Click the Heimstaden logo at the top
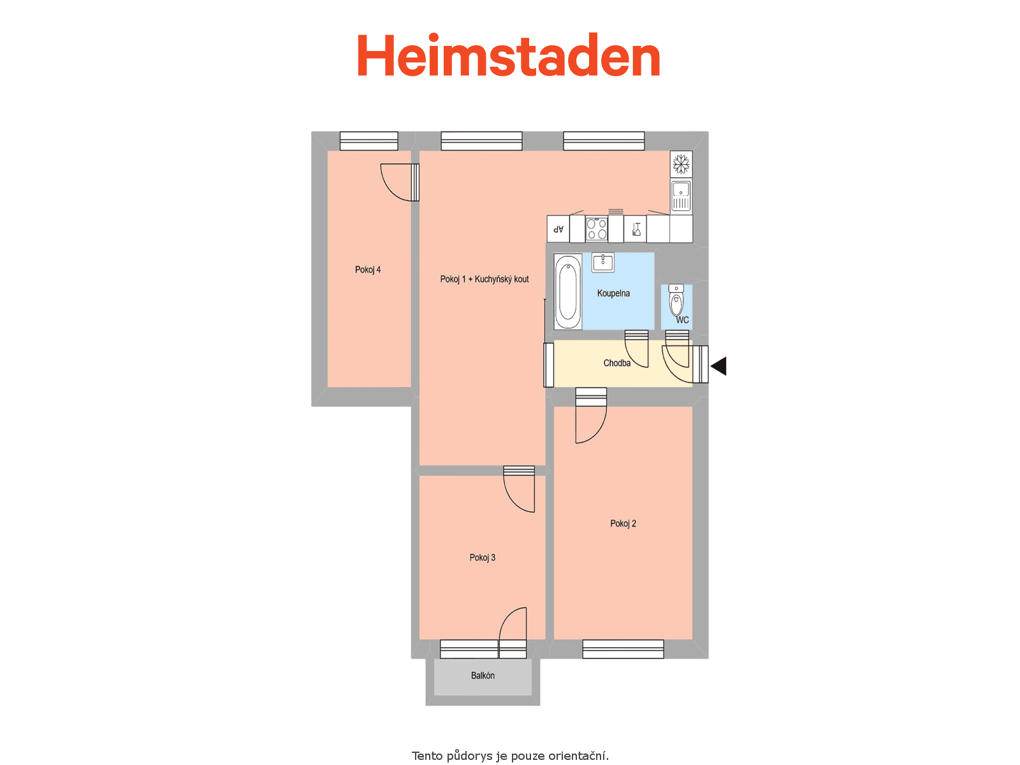[508, 55]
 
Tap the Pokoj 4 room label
[368, 270]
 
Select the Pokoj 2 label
[623, 524]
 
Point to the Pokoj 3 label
[483, 558]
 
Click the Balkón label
[483, 676]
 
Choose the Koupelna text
[613, 293]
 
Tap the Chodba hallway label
[616, 363]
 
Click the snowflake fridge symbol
[681, 164]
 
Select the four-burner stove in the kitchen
[596, 229]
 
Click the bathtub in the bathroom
[568, 292]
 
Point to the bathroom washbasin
[602, 263]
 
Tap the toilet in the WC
[676, 300]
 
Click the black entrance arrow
[719, 366]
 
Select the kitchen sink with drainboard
[681, 196]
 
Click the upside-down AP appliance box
[558, 229]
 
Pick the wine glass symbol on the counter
[636, 229]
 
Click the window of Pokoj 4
[368, 141]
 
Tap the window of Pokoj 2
[623, 650]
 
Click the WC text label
[682, 320]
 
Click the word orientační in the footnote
[578, 755]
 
